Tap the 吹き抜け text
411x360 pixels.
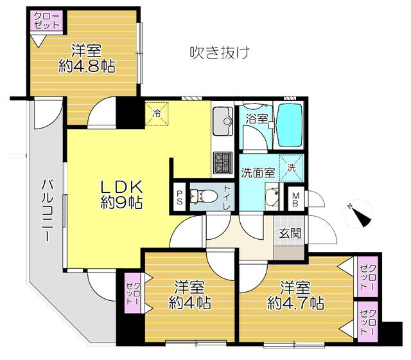pyautogui.click(x=218, y=51)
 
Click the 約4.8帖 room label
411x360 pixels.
pyautogui.click(x=85, y=58)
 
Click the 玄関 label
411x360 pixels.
pyautogui.click(x=290, y=234)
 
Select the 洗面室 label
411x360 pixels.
pyautogui.click(x=258, y=172)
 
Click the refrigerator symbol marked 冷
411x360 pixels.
pyautogui.click(x=157, y=113)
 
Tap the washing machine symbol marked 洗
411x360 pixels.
pyautogui.click(x=292, y=168)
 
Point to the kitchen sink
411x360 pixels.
pyautogui.click(x=222, y=118)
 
